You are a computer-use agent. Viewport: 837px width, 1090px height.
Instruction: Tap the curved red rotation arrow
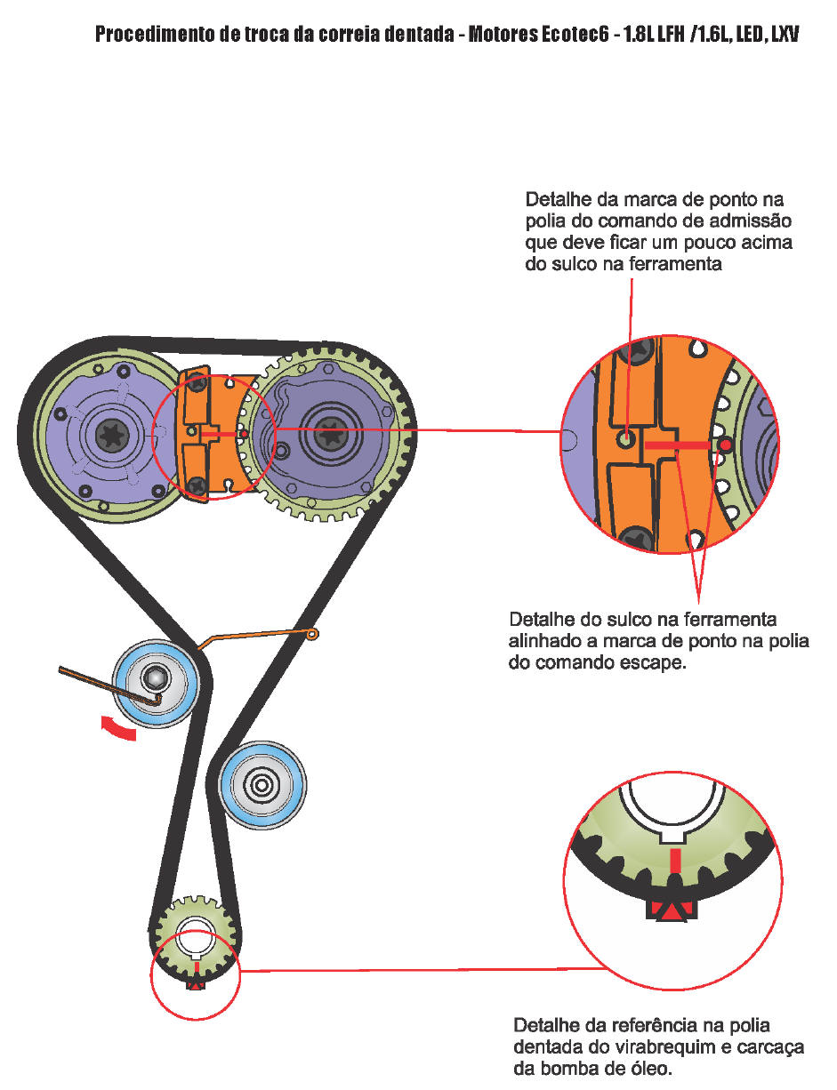point(118,729)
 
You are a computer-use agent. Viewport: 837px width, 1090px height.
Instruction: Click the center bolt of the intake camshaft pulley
point(112,435)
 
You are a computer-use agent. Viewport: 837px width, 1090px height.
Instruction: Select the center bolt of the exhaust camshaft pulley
point(330,435)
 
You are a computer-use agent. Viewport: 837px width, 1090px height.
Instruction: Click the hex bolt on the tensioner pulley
point(154,678)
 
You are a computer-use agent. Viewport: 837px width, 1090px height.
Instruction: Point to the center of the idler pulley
point(262,784)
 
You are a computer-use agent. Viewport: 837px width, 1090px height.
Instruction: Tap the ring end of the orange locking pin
point(312,635)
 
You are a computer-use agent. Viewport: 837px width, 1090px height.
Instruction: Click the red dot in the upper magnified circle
point(725,445)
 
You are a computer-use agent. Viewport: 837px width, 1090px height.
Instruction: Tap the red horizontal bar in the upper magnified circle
point(677,445)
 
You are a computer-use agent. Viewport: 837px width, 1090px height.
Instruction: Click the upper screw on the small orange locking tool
point(197,384)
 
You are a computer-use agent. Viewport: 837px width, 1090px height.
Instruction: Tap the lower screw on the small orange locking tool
point(197,485)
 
